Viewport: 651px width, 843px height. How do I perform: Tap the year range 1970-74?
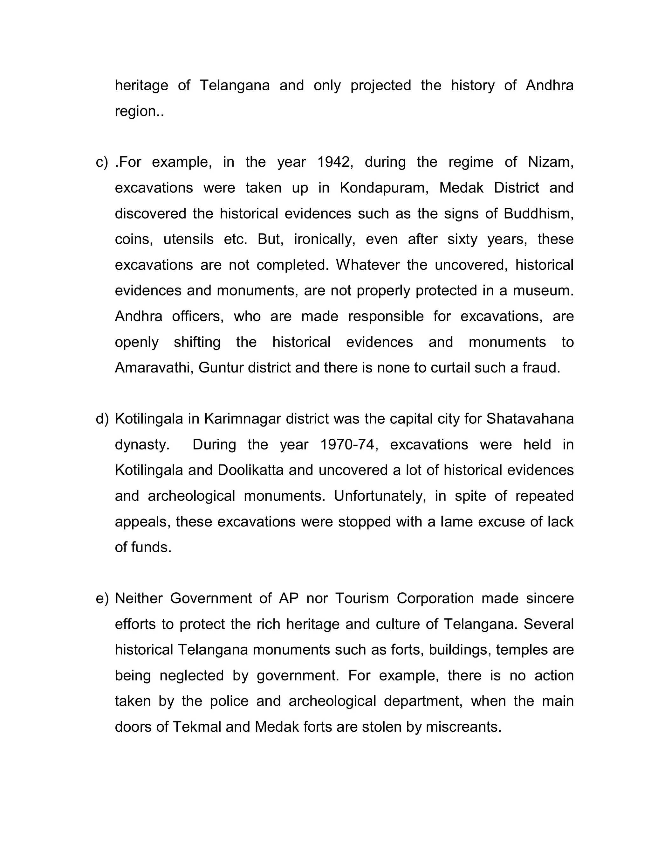pos(347,445)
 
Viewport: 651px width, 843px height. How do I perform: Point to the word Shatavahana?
pos(530,419)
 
